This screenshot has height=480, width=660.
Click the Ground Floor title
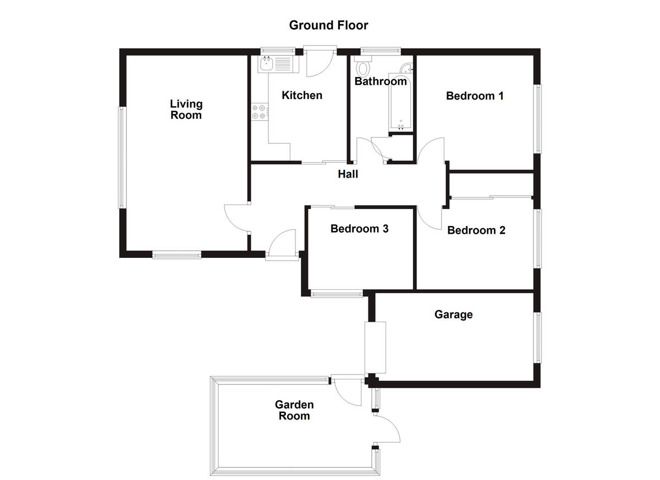[328, 25]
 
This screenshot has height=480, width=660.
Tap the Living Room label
[186, 109]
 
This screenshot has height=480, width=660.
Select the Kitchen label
[302, 96]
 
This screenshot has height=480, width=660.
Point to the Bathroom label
[381, 82]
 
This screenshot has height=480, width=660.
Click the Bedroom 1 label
[475, 96]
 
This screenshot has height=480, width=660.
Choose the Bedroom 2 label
[476, 230]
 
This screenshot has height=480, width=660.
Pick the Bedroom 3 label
[359, 229]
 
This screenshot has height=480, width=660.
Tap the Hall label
[348, 174]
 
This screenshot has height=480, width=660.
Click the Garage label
[454, 315]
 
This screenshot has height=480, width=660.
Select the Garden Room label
[294, 410]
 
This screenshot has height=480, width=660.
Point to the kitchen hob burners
[259, 112]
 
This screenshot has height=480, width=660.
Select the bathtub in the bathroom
[400, 102]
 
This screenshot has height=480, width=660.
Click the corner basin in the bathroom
[406, 68]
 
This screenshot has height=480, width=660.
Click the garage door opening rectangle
[376, 347]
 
